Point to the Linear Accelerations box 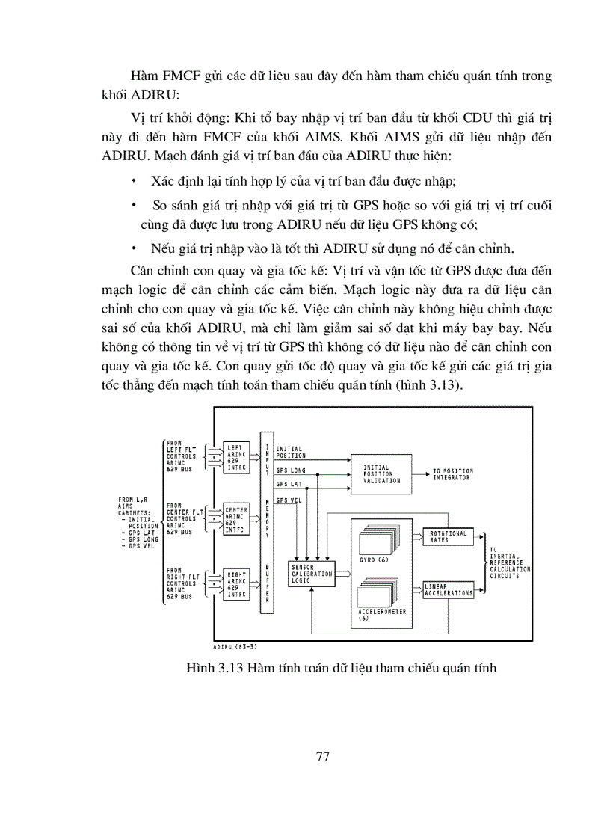pos(449,590)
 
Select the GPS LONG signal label pos(291,470)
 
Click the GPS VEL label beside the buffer pos(289,500)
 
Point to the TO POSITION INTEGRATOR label pos(453,474)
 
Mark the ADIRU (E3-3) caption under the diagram pos(235,648)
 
